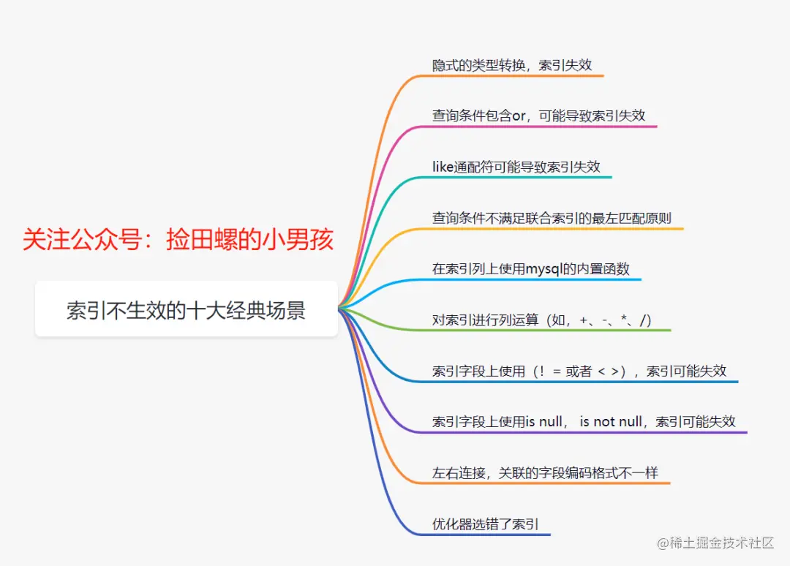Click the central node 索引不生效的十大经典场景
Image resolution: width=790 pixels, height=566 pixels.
(x=186, y=311)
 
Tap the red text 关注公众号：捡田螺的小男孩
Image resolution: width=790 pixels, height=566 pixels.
(x=178, y=240)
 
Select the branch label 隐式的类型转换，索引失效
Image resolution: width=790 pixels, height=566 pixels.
(x=512, y=64)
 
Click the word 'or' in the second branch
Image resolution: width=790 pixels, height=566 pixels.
(x=522, y=116)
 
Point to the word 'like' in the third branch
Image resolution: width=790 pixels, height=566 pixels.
(x=443, y=167)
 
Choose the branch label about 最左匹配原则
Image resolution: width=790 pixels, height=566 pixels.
(x=552, y=218)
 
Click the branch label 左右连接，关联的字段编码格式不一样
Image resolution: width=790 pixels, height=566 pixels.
(x=545, y=473)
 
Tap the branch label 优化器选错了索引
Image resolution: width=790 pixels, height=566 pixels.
(x=486, y=524)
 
